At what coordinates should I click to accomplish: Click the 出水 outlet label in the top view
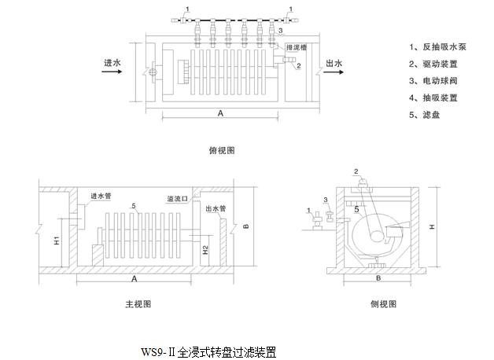(x=334, y=63)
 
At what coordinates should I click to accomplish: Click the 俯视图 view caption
(x=223, y=149)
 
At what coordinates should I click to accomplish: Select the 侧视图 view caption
(x=384, y=303)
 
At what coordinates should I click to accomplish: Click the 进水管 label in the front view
(x=101, y=197)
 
